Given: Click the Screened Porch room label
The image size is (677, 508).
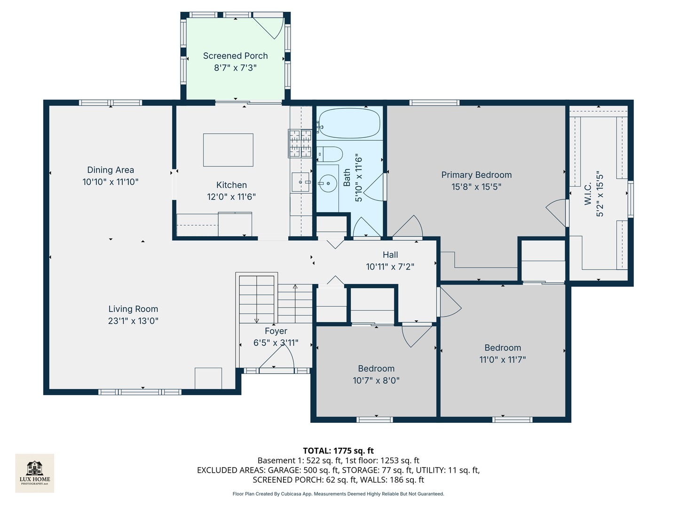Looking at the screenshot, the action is click(x=235, y=56).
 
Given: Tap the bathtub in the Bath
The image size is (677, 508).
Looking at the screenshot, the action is click(x=349, y=123).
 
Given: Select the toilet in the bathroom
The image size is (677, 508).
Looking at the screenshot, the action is click(x=330, y=154).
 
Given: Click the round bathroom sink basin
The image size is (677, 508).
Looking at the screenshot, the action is click(x=328, y=183).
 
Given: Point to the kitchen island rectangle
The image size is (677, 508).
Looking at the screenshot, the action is click(x=228, y=150).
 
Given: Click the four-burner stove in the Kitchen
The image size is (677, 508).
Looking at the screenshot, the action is click(x=300, y=143).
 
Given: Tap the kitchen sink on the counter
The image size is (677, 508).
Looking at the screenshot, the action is click(x=300, y=182).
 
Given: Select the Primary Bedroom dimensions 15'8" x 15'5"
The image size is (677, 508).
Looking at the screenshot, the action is click(x=476, y=187).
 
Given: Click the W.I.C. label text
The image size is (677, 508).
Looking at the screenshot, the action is click(x=588, y=193).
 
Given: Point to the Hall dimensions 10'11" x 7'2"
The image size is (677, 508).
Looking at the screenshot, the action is click(x=390, y=267).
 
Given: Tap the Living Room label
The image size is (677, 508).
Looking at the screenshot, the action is click(x=133, y=309).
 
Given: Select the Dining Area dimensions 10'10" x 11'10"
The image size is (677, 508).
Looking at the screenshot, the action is click(x=110, y=182).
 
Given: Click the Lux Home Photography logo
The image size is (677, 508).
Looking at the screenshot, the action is click(x=34, y=473).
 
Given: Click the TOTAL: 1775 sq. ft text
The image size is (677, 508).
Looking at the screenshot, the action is click(x=338, y=451).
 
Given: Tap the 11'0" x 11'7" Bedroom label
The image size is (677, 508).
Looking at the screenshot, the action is click(x=503, y=348).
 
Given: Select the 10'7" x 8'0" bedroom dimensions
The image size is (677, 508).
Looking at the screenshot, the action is click(x=376, y=381).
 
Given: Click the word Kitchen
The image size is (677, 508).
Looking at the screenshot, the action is click(x=231, y=185).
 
